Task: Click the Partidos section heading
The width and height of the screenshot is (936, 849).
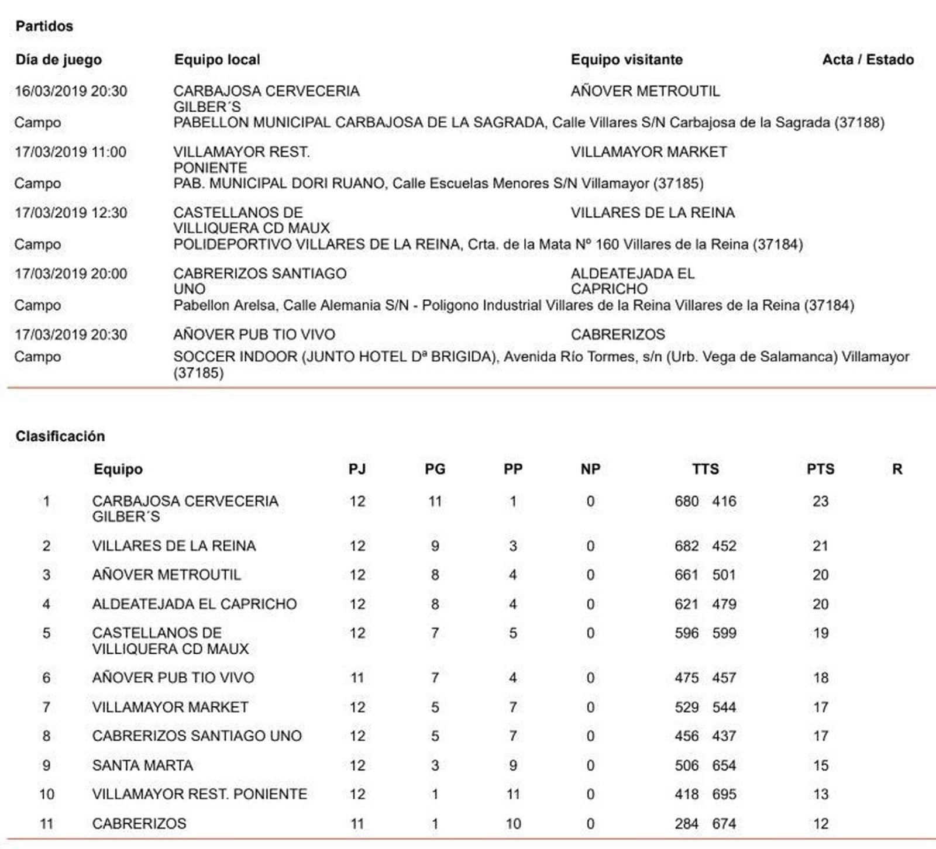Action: point(44,26)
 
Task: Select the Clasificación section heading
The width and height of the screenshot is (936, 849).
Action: point(60,436)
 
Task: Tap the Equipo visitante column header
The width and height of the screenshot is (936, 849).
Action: point(627,60)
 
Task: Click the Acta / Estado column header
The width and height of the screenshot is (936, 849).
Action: point(868,60)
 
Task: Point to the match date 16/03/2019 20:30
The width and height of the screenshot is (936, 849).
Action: point(71,91)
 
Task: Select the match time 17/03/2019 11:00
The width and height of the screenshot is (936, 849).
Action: point(71,152)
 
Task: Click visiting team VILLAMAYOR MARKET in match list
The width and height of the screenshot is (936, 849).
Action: point(649,152)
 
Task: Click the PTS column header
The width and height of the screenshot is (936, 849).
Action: point(820,469)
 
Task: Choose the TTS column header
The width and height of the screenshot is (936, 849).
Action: point(705,469)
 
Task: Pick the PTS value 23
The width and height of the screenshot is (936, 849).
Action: point(820,501)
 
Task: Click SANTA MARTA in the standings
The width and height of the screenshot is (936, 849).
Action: point(143,765)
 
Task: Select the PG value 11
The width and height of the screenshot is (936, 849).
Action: point(435,501)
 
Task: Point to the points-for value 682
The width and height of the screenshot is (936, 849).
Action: point(686,546)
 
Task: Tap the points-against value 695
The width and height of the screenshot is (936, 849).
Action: point(724,794)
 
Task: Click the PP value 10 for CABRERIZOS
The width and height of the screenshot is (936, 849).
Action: point(512,824)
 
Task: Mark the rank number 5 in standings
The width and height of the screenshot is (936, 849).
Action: point(46,633)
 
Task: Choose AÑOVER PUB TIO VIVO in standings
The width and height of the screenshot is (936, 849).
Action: point(173,678)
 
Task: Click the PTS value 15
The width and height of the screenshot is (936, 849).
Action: point(820,765)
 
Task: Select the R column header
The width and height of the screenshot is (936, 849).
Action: point(897,469)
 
